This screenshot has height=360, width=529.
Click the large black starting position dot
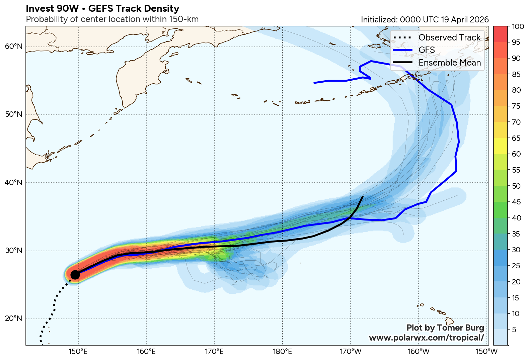click(75, 275)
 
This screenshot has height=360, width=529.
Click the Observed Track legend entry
click(449, 37)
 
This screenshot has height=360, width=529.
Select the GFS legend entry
click(427, 50)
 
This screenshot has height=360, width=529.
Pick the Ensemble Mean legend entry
click(449, 63)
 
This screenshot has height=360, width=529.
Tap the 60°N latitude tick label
click(14, 47)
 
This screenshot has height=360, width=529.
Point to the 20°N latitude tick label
click(14, 318)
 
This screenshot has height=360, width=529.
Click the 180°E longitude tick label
click(282, 352)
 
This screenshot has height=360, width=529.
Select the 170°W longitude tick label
click(350, 352)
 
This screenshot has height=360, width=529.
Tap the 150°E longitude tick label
click(78, 352)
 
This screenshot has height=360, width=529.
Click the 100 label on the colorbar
click(518, 27)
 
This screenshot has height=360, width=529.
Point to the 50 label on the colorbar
click(516, 186)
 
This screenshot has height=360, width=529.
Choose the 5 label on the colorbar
click(514, 330)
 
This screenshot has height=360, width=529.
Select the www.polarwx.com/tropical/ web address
click(426, 338)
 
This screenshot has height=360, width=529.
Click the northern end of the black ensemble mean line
click(363, 197)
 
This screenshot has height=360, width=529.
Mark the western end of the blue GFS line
click(314, 83)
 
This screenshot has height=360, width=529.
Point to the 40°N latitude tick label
click(14, 183)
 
